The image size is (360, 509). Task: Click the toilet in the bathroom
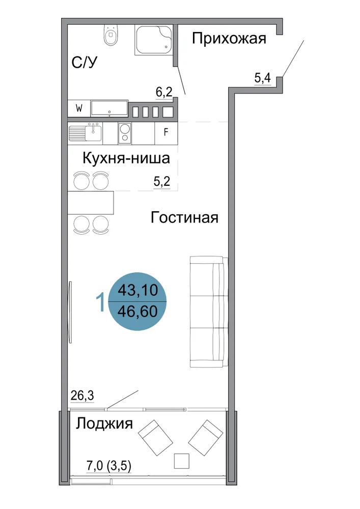[x=112, y=35]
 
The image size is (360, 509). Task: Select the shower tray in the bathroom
[x=154, y=40]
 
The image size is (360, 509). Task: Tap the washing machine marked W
[x=78, y=108]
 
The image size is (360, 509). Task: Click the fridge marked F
[x=166, y=132]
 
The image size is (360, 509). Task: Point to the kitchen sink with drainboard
[x=85, y=133]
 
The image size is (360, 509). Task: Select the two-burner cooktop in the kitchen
[x=125, y=133]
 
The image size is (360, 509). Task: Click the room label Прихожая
[x=229, y=39]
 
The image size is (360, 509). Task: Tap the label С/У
[x=85, y=62]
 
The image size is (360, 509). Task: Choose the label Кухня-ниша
[x=126, y=158]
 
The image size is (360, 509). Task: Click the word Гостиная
[x=184, y=217]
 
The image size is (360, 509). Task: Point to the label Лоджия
[x=104, y=423]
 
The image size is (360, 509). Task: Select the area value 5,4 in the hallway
[x=262, y=78]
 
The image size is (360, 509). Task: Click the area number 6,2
[x=164, y=92]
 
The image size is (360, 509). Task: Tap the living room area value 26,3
[x=82, y=395]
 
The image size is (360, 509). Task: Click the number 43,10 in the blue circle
[x=137, y=290]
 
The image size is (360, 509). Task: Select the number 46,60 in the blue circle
[x=137, y=312]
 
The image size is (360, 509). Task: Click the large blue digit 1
[x=101, y=301]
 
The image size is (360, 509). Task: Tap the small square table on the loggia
[x=181, y=461]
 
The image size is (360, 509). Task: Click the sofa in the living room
[x=209, y=312]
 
